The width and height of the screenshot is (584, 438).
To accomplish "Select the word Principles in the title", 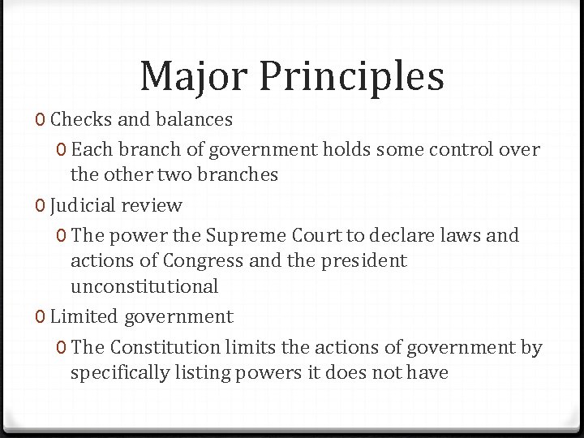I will pyautogui.click(x=352, y=77).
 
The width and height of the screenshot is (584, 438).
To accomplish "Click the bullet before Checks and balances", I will pyautogui.click(x=41, y=120).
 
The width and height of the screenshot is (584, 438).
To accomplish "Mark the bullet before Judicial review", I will pyautogui.click(x=41, y=205).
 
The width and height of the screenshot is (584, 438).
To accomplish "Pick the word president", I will pyautogui.click(x=367, y=261).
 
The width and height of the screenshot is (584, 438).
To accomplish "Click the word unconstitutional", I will pyautogui.click(x=144, y=286).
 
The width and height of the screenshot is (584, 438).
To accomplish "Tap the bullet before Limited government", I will pyautogui.click(x=41, y=316).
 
